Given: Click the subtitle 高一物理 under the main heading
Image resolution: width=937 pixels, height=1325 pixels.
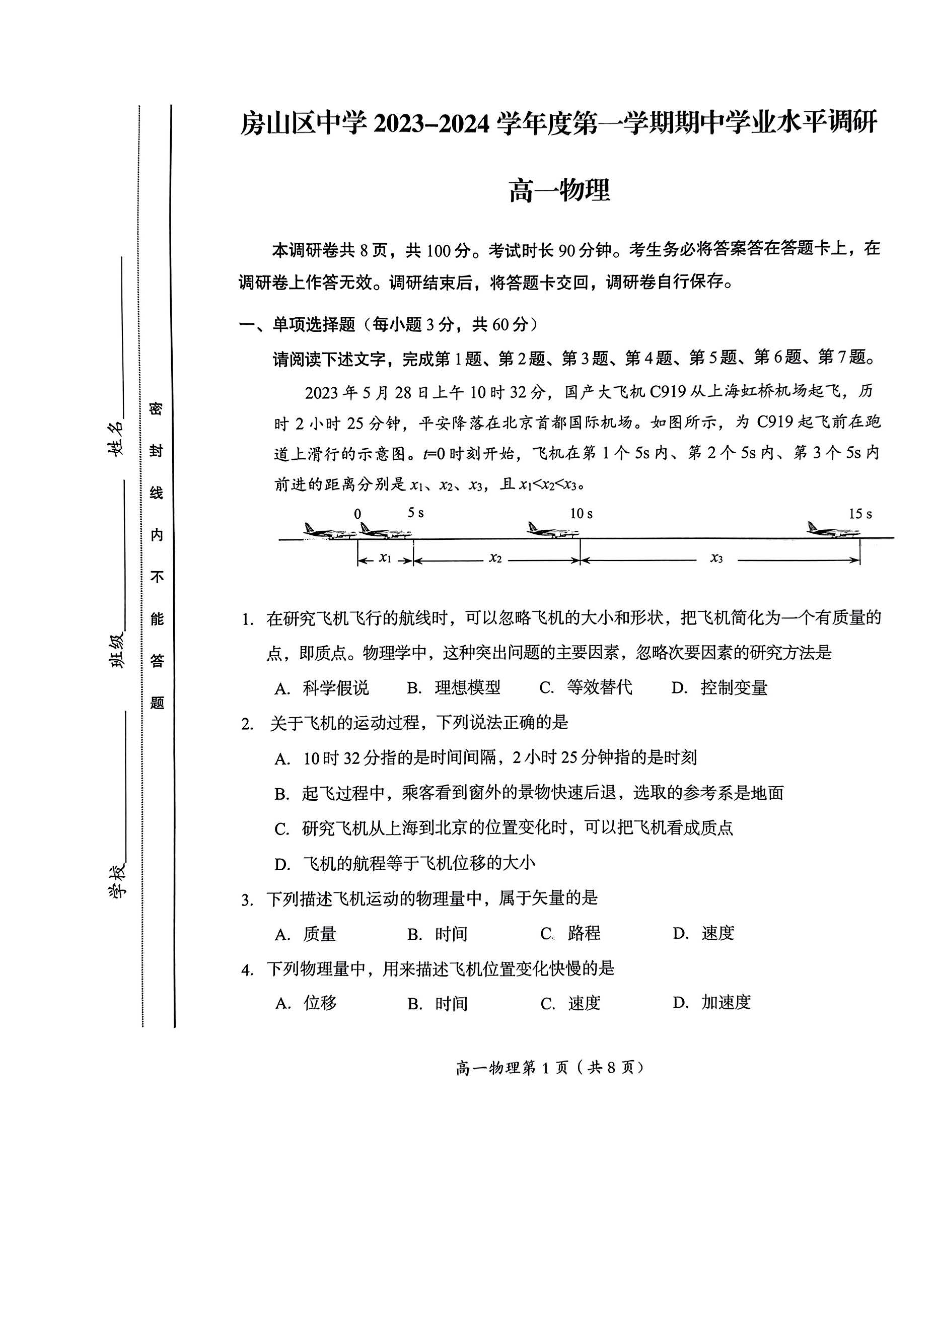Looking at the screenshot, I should coord(558,191).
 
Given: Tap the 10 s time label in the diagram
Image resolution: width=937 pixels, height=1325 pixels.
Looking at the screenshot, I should coord(581,513).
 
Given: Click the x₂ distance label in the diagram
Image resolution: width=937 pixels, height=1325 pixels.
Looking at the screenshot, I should coord(495,558).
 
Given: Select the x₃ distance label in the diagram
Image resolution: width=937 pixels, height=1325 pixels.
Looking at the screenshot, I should coord(716,558).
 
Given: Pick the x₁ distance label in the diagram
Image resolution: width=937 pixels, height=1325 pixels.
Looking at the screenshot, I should coord(385,558).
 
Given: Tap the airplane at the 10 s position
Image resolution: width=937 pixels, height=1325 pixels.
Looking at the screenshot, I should coord(553,529).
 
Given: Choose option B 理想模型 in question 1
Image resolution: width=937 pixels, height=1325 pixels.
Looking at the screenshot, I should coord(454,687).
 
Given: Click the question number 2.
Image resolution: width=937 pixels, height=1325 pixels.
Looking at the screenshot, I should coord(248,724).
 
